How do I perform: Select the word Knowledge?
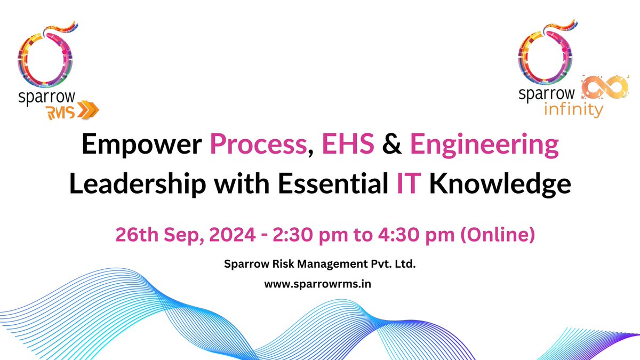(501, 185)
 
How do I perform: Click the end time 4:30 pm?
(401, 235)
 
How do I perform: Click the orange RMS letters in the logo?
(61, 111)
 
